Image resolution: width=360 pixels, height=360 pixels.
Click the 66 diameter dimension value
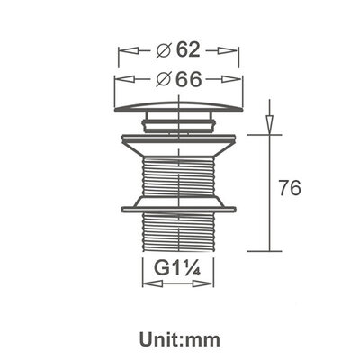[188, 79]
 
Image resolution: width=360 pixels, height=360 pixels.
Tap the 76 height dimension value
[289, 189]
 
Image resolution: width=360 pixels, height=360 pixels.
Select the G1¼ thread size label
[176, 268]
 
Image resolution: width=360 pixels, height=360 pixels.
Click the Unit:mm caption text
[180, 340]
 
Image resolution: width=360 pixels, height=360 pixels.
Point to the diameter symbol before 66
[164, 79]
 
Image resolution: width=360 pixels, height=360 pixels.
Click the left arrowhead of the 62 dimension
[124, 53]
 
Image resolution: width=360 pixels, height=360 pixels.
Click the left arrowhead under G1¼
[147, 283]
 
